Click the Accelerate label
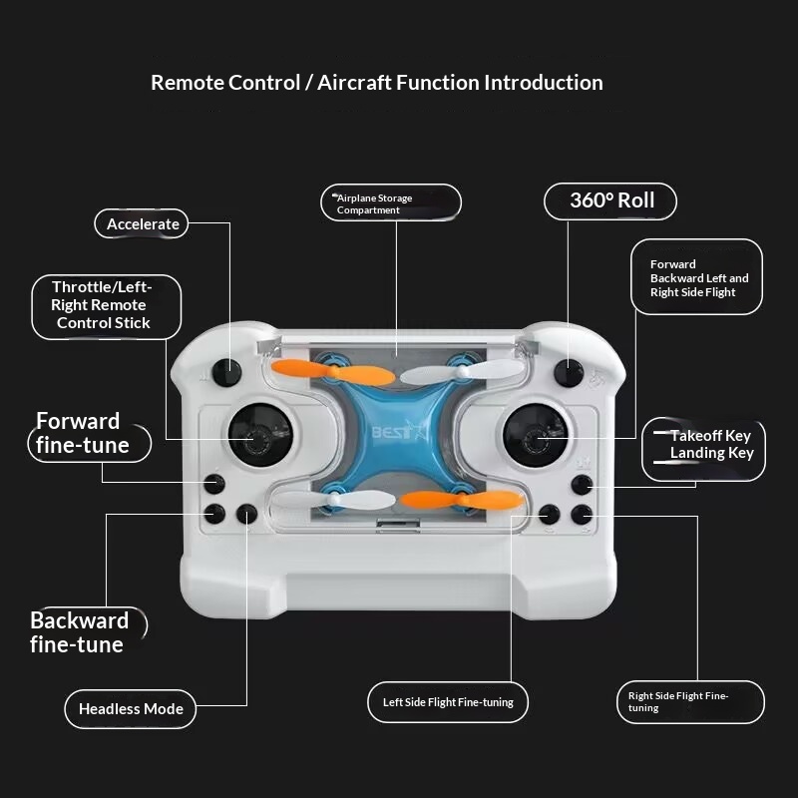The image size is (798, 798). pos(142,223)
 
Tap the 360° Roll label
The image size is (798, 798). pos(610,201)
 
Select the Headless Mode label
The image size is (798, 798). pos(131,709)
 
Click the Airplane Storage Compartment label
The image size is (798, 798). pos(391,203)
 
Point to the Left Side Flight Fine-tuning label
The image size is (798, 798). pos(448,702)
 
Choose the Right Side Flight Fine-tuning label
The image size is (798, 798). pos(690,702)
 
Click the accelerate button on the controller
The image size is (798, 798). pos(226,372)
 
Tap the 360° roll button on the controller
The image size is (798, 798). pos(569,373)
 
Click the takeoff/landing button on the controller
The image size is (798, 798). pos(582,485)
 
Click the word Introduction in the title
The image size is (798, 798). pos(543,83)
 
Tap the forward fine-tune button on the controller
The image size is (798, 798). pos(214,484)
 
